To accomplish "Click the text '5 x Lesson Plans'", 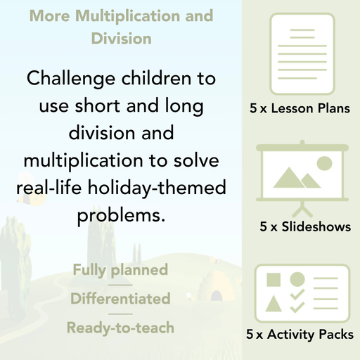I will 300,109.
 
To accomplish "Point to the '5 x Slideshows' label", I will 305,227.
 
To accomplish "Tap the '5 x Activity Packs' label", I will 300,335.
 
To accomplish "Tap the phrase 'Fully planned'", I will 120,269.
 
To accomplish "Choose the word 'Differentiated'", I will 120,298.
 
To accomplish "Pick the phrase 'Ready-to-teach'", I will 120,327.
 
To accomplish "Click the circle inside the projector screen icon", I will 324,164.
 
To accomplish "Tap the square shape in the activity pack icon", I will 274,279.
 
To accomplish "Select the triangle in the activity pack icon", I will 274,304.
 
